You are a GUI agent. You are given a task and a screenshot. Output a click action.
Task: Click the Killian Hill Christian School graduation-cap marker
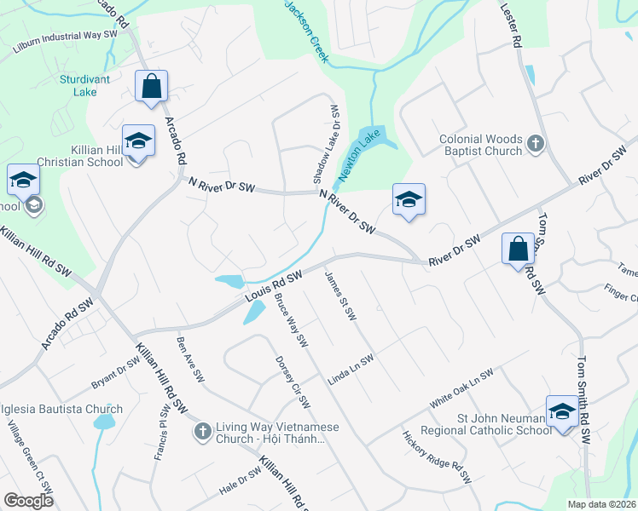[x=137, y=141]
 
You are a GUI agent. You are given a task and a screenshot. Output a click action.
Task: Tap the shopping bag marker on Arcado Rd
[x=151, y=86]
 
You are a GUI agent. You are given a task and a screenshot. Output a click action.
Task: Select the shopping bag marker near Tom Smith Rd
[x=518, y=250]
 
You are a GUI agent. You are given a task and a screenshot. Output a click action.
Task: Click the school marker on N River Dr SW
[x=409, y=200]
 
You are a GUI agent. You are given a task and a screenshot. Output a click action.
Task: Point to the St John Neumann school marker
[x=562, y=412]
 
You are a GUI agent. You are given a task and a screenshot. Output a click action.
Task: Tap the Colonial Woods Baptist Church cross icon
[x=535, y=144]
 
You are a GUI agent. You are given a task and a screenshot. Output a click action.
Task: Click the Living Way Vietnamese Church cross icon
[x=203, y=432]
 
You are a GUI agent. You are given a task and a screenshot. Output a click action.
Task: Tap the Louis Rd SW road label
[x=275, y=285]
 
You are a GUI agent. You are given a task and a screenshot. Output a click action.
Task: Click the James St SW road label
[x=339, y=296]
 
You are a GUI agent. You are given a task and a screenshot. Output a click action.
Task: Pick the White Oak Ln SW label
[x=461, y=388]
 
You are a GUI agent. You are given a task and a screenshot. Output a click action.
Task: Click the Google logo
[x=28, y=501]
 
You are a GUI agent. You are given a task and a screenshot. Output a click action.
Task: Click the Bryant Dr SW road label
[x=116, y=372]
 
